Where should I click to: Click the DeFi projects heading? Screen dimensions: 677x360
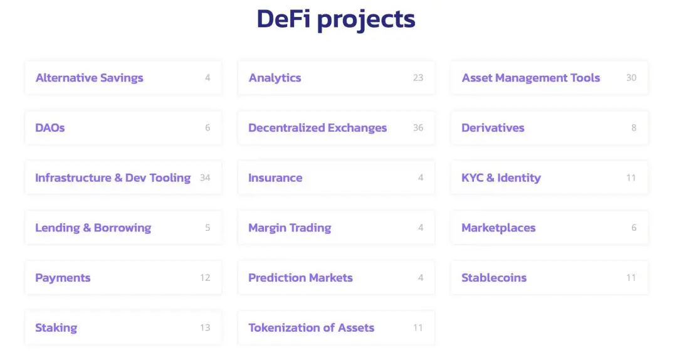(336, 19)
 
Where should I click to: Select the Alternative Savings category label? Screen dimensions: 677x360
(90, 78)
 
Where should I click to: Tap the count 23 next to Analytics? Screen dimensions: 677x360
(418, 78)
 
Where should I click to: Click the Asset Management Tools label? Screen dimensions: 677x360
(531, 78)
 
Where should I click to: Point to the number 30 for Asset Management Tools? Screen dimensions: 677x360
(631, 78)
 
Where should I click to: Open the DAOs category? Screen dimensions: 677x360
(50, 128)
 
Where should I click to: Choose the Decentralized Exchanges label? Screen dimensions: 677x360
(317, 128)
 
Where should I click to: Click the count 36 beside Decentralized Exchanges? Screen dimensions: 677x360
(418, 128)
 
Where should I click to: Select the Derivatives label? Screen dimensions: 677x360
(493, 128)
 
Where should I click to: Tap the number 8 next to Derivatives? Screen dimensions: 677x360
(634, 128)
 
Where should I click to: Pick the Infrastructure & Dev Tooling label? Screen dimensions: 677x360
(113, 178)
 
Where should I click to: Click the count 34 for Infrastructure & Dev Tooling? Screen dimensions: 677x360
(205, 177)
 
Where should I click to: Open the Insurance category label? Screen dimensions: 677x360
(275, 178)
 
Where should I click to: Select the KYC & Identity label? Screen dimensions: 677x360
(501, 178)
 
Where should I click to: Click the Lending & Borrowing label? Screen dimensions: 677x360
(93, 228)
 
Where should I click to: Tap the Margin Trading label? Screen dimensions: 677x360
(290, 228)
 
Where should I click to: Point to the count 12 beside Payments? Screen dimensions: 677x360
(205, 278)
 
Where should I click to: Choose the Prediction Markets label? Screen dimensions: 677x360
(300, 278)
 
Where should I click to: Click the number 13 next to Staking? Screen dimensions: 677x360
(205, 328)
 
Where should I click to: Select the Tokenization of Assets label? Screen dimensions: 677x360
(312, 328)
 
